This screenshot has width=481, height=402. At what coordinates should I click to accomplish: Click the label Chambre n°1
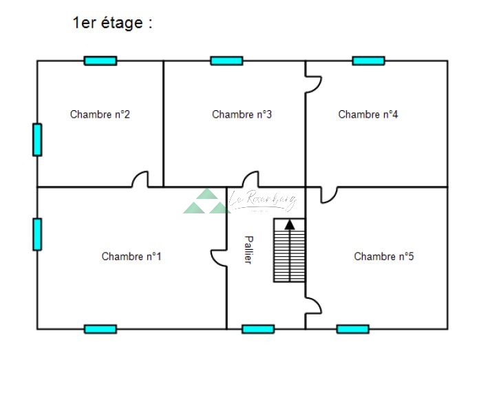[131, 257]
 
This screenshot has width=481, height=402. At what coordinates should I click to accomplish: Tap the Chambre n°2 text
[100, 114]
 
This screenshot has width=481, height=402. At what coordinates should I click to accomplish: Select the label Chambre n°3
[242, 114]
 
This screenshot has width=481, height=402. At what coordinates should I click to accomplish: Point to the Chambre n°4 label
[368, 114]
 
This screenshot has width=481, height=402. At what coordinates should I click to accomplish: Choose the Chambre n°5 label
[384, 257]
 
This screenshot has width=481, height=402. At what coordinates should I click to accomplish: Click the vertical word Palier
[248, 250]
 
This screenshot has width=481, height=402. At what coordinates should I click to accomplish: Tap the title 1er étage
[112, 23]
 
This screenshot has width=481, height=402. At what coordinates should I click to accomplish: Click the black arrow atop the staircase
[290, 224]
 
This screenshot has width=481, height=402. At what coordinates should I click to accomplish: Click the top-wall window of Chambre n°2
[100, 61]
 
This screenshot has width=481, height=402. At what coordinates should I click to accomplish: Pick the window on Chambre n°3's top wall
[226, 61]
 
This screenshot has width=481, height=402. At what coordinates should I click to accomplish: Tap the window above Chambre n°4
[368, 61]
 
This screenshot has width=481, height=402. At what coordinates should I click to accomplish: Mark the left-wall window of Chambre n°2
[37, 140]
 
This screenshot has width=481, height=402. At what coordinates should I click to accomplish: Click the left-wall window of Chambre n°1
[37, 234]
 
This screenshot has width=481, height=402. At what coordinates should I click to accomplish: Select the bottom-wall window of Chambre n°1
[100, 329]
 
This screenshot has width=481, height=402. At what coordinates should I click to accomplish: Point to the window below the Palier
[258, 329]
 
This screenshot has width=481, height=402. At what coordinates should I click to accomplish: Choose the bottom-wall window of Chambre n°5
[352, 329]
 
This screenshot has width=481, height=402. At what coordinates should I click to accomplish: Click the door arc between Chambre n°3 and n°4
[314, 84]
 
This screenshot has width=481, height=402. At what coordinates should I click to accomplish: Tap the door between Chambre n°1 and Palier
[220, 257]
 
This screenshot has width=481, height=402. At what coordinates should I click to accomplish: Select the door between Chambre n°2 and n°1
[140, 180]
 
